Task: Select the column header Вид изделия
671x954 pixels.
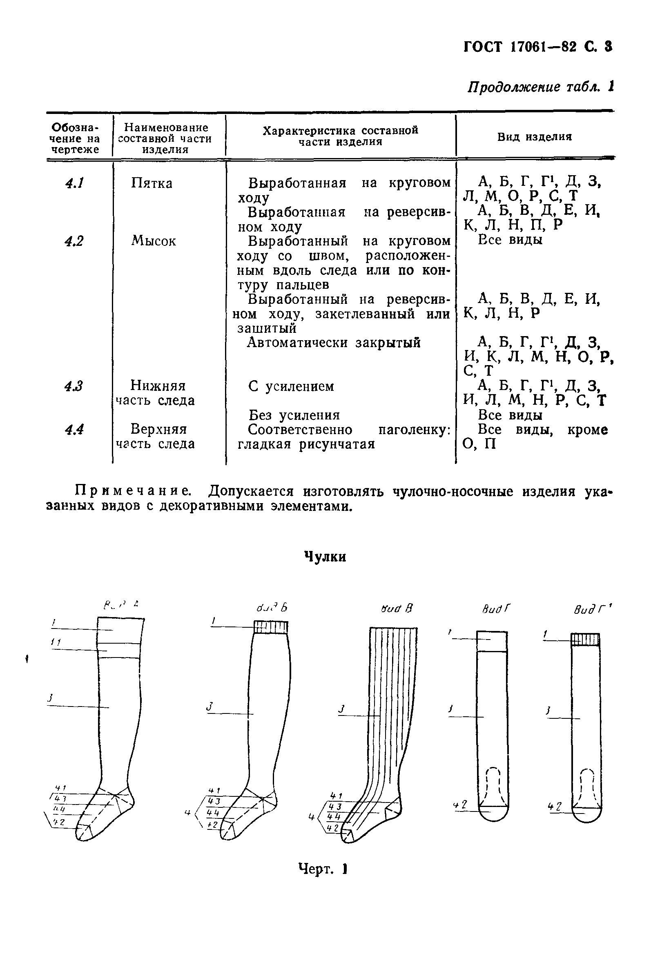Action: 534,137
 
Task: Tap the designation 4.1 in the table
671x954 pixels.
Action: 75,183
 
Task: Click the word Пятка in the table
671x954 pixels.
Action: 152,183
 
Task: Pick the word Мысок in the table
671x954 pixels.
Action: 153,241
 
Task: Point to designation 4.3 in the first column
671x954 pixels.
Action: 74,386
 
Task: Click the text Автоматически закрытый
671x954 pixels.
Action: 334,343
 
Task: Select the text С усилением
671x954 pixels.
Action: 291,386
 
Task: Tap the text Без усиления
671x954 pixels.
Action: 294,415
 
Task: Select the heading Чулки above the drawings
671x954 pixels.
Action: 325,556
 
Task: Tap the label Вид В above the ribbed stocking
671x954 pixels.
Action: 397,609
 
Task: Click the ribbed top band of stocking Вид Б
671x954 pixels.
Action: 271,627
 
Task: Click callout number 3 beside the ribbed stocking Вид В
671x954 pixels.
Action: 342,709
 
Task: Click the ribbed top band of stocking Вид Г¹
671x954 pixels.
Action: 585,640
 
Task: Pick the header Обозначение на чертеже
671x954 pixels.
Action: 75,138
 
